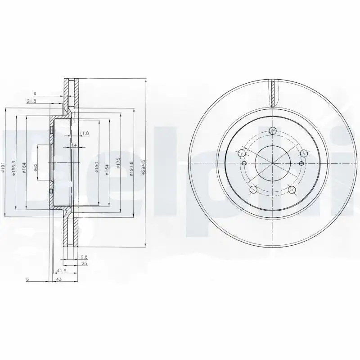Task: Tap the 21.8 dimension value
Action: tap(31, 101)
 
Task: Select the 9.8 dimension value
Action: tap(84, 257)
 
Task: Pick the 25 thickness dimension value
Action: tap(84, 263)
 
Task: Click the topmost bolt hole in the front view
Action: tap(272, 131)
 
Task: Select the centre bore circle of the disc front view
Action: tap(272, 162)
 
